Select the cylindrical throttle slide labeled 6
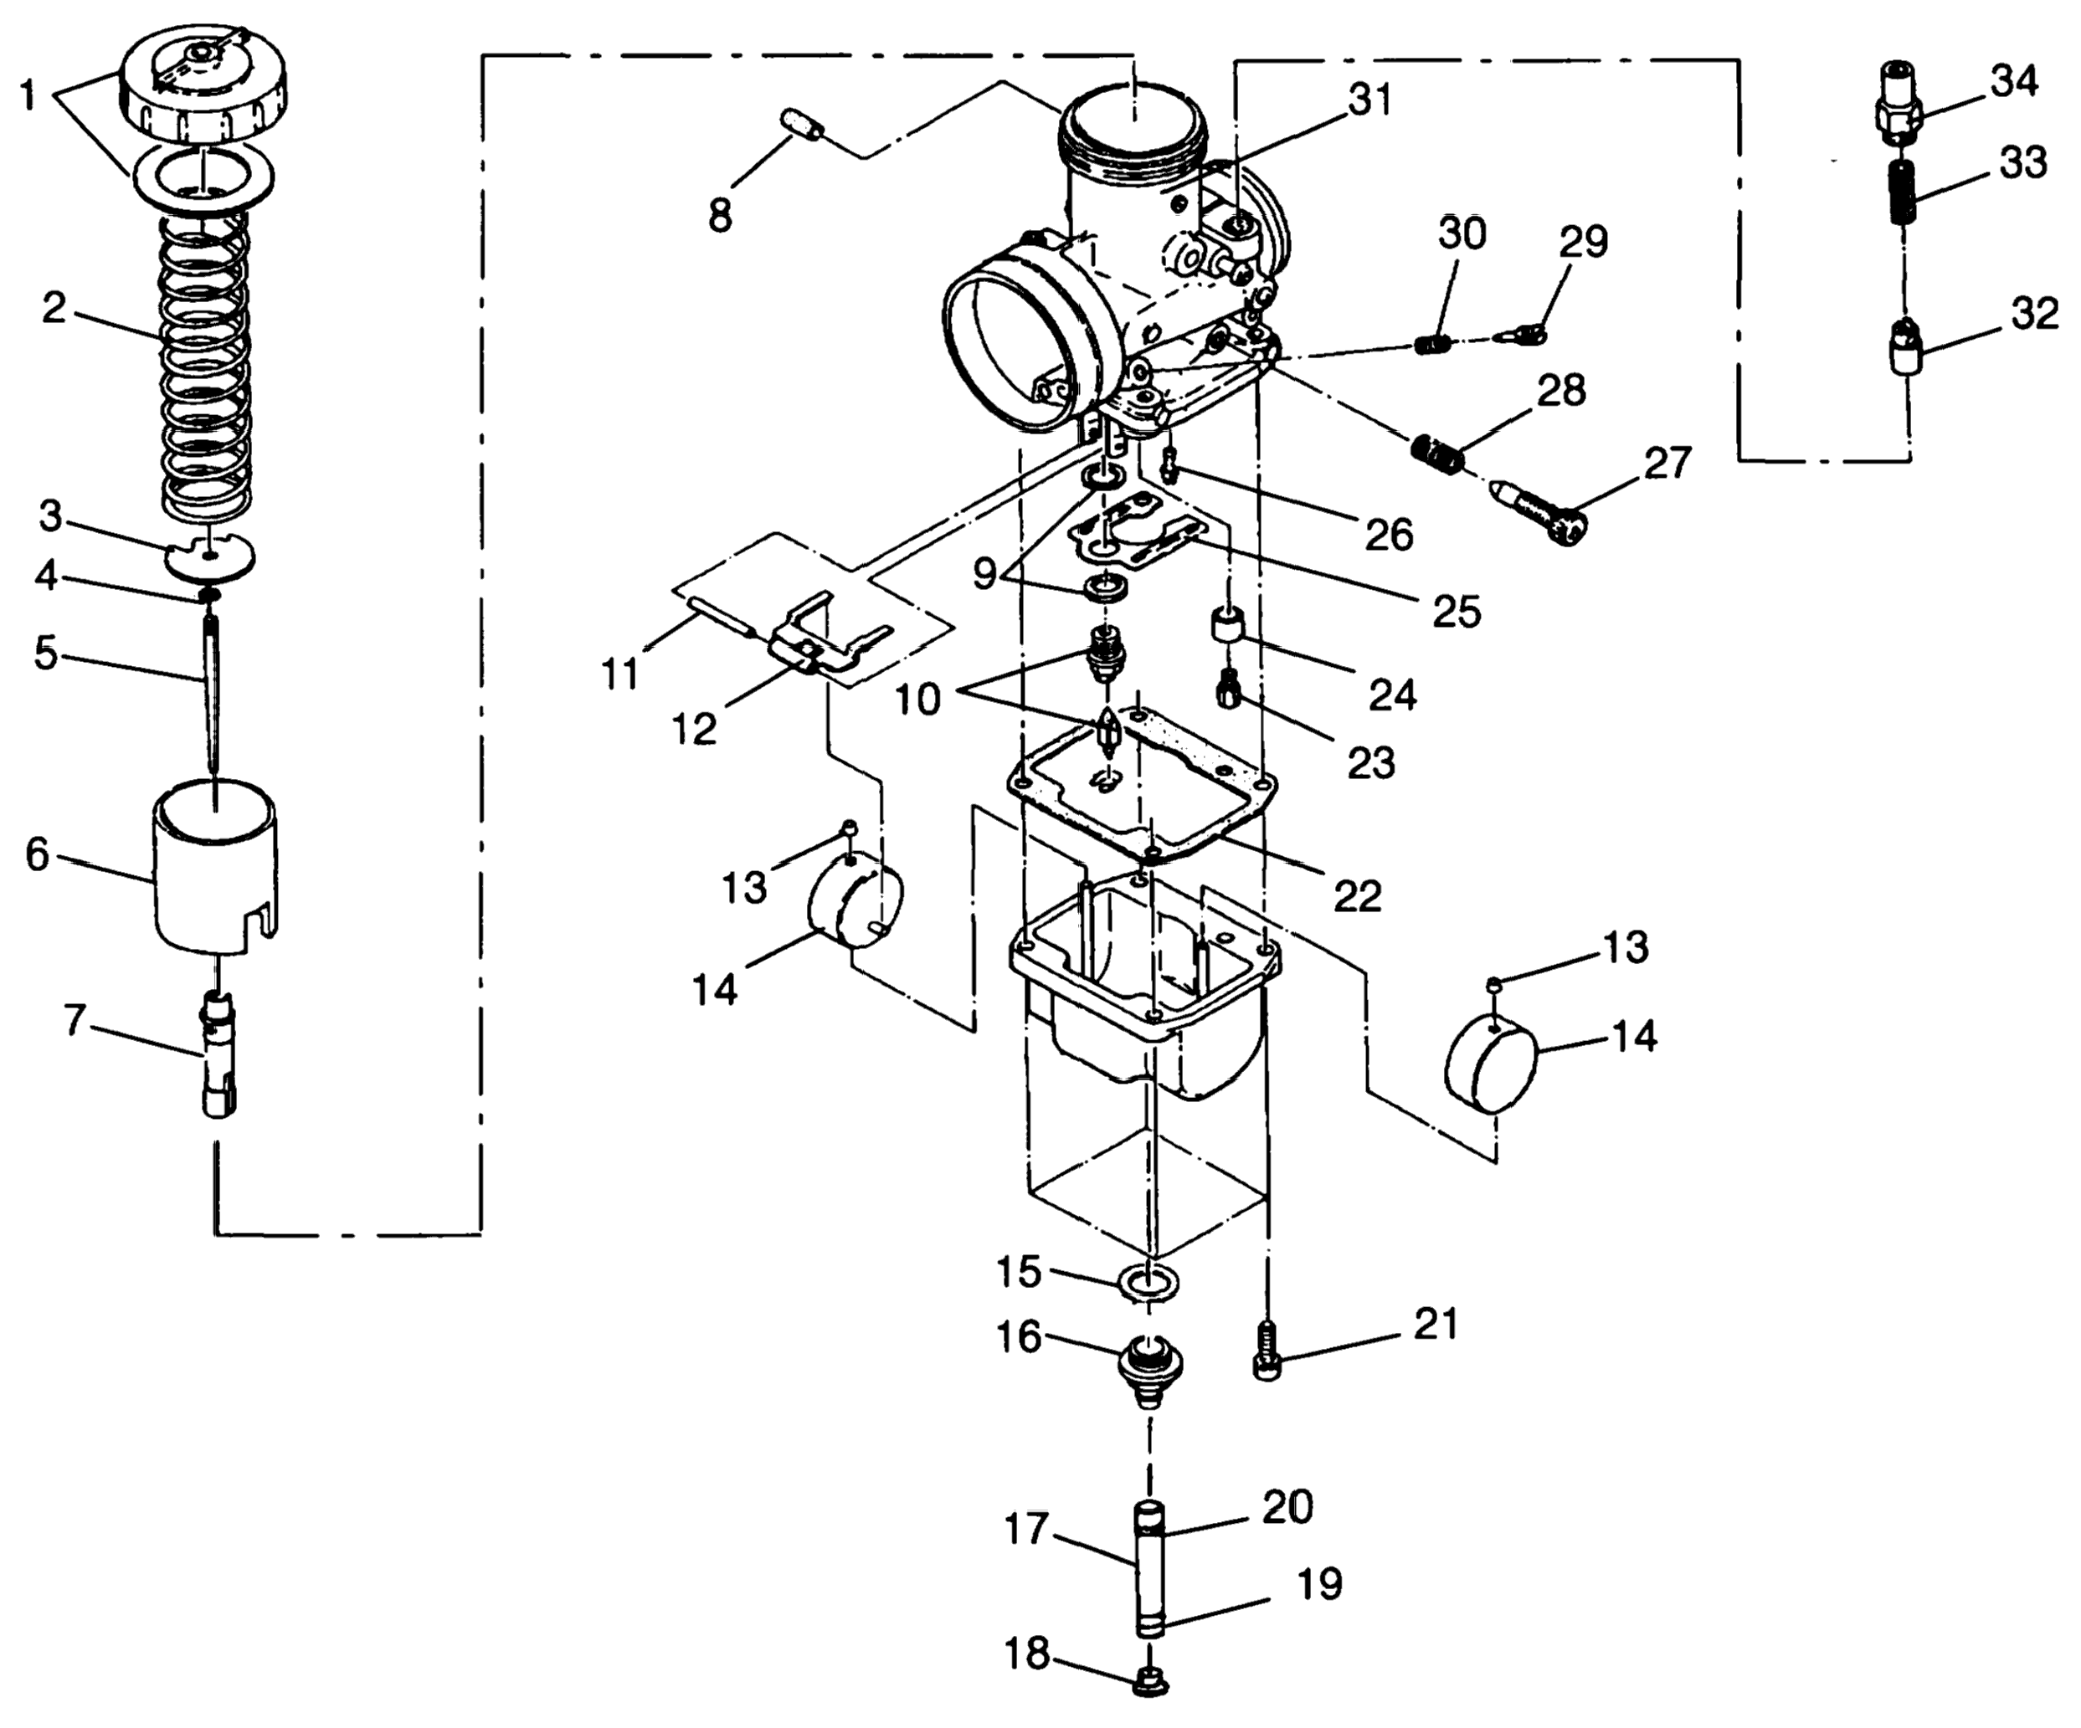[x=215, y=858]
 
